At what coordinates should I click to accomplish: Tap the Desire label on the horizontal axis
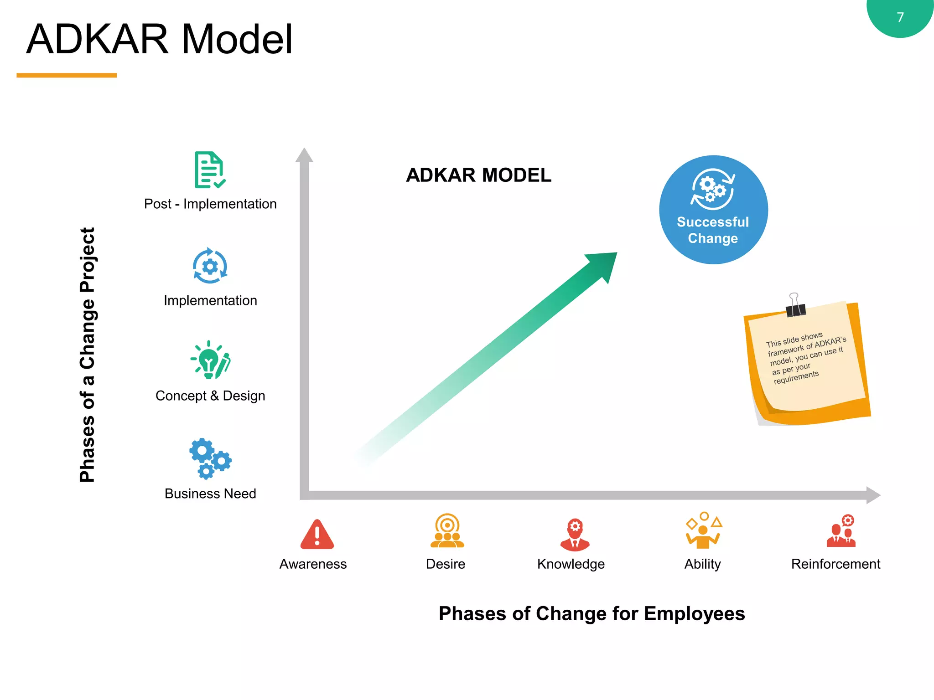tap(445, 564)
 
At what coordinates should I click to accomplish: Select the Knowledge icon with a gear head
tap(575, 534)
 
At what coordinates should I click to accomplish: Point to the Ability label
tap(702, 564)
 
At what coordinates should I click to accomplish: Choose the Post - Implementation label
tap(210, 204)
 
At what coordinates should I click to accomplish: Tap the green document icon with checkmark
tap(209, 170)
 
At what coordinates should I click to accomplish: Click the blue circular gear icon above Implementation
tap(210, 266)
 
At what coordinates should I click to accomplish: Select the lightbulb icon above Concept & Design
tap(210, 360)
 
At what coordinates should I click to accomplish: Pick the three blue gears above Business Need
tap(210, 458)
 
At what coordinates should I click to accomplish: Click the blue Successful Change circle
tap(713, 210)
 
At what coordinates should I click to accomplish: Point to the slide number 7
tap(900, 17)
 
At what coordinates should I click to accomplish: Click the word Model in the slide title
tap(237, 39)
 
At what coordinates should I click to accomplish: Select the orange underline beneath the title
tap(67, 75)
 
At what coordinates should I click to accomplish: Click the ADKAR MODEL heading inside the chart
tap(478, 175)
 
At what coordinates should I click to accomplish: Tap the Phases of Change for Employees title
tap(592, 613)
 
